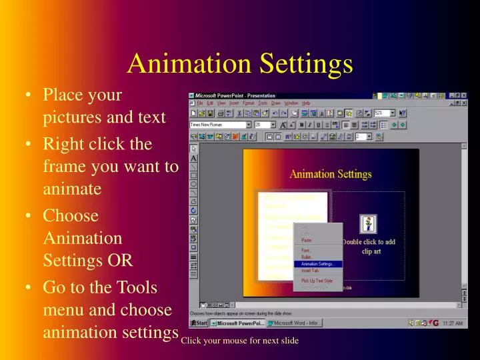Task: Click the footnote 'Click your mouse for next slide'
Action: (239, 341)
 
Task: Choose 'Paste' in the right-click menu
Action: (307, 240)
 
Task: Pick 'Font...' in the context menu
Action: (307, 251)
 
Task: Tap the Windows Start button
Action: (199, 323)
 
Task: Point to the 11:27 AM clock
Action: (453, 323)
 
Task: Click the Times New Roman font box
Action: (217, 125)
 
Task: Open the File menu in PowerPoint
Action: (200, 103)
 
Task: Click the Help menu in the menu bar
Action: (306, 103)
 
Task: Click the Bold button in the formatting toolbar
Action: (301, 125)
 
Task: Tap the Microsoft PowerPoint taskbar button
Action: (238, 323)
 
